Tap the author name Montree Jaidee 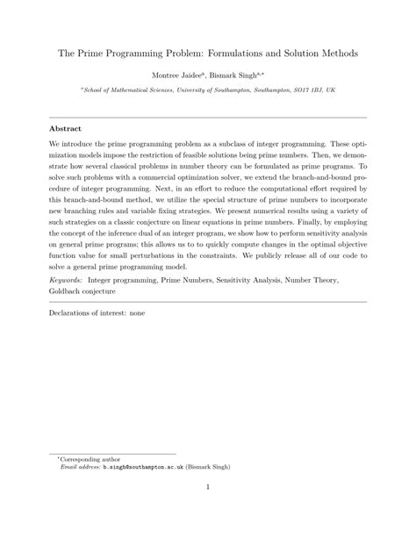coord(179,77)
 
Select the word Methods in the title coord(335,53)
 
